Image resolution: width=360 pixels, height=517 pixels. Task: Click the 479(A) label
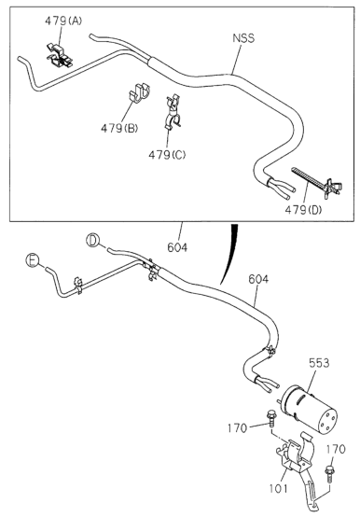point(63,21)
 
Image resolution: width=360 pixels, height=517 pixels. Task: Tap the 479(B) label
point(119,128)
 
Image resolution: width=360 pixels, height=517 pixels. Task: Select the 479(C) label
point(167,154)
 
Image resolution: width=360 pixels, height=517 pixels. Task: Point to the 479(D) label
point(303,209)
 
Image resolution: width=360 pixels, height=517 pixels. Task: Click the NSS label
point(243,38)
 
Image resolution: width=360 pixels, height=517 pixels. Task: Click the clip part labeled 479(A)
point(60,55)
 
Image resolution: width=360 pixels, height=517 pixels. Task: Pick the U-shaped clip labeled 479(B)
point(138,93)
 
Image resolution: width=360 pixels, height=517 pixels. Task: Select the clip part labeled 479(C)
point(173,112)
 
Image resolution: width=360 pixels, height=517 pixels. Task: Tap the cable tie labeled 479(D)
point(317,183)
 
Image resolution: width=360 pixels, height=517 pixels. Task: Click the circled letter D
point(92,240)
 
